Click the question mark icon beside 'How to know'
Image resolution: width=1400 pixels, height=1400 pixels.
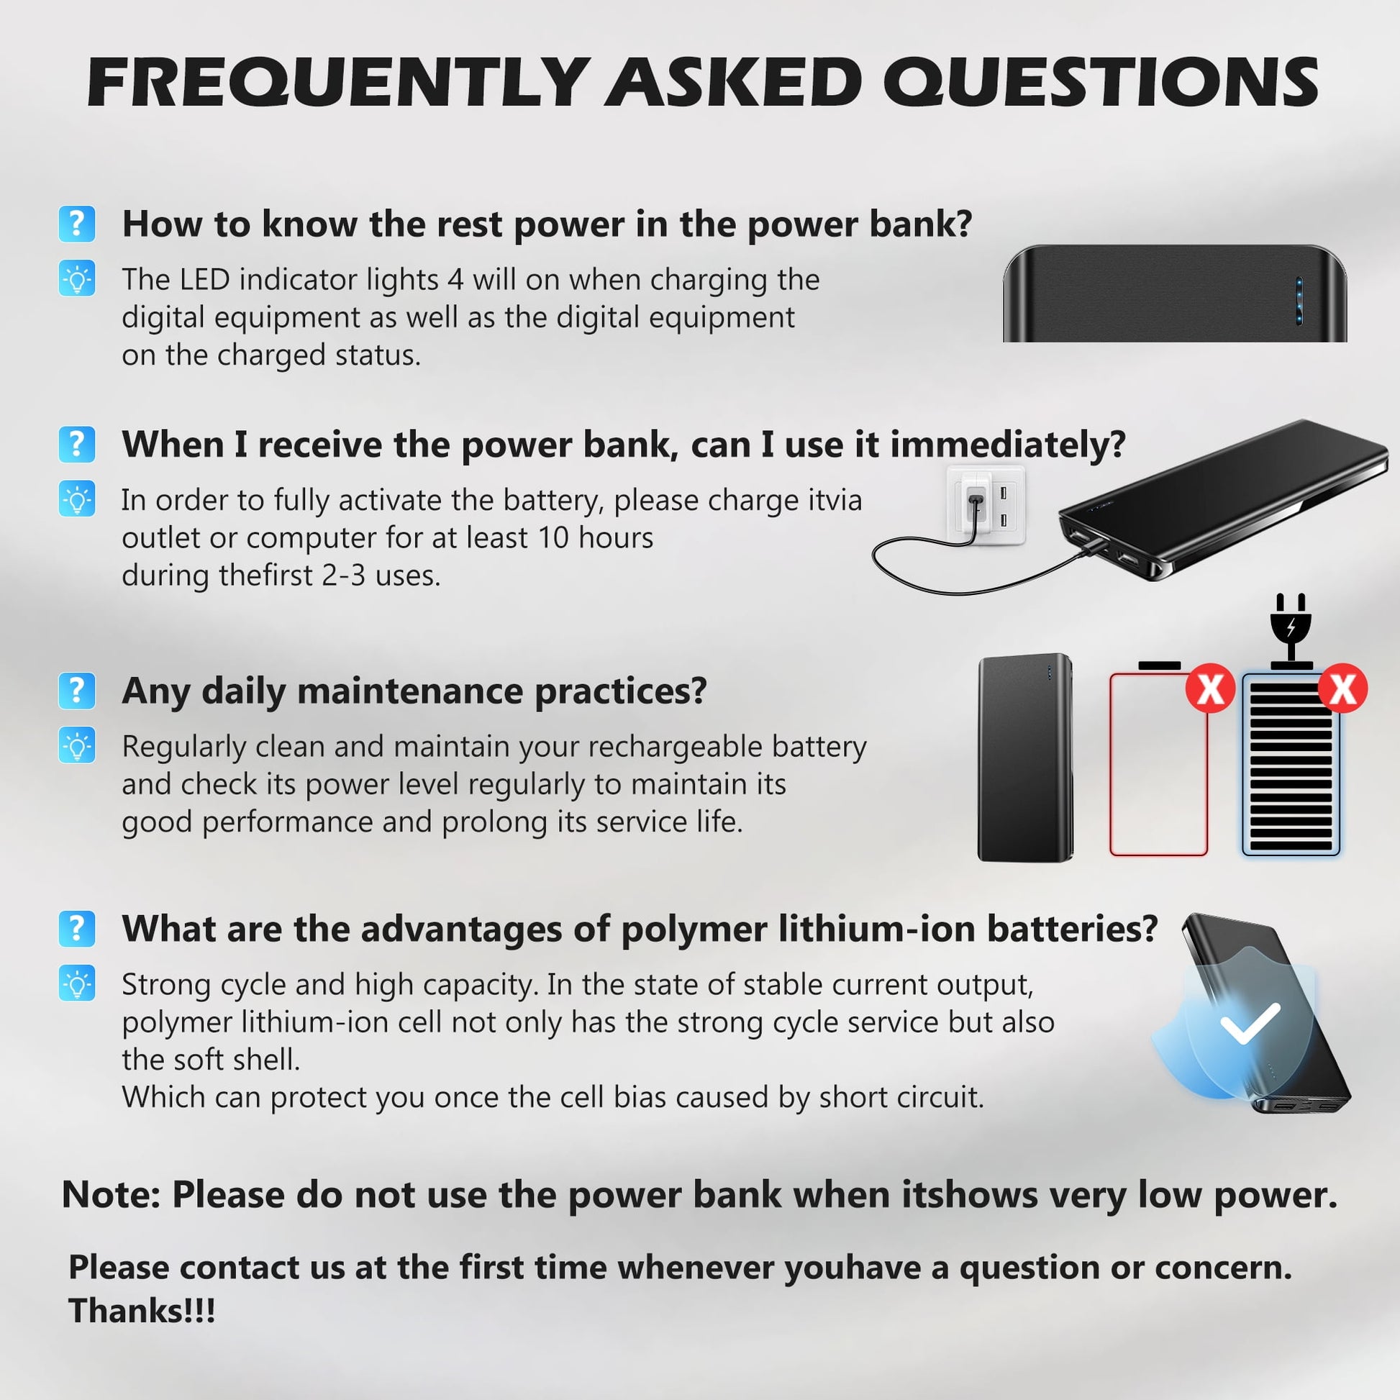pyautogui.click(x=77, y=223)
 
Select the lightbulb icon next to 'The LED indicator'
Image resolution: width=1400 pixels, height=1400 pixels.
pyautogui.click(x=77, y=278)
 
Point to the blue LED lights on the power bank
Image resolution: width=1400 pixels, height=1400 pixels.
pyautogui.click(x=1299, y=300)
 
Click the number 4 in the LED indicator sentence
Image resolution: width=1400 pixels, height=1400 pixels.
pyautogui.click(x=455, y=280)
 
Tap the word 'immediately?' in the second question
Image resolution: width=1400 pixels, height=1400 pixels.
pyautogui.click(x=1008, y=444)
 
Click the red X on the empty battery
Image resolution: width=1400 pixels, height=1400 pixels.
pyautogui.click(x=1210, y=688)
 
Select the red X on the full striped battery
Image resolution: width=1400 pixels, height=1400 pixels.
pyautogui.click(x=1342, y=688)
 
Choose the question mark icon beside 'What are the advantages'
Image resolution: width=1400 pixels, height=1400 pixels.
pyautogui.click(x=77, y=929)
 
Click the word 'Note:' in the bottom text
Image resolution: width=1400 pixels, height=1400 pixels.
pyautogui.click(x=111, y=1195)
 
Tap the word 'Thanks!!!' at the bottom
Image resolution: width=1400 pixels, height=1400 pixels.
pyautogui.click(x=142, y=1311)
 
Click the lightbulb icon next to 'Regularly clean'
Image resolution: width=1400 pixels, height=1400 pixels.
pyautogui.click(x=77, y=745)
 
